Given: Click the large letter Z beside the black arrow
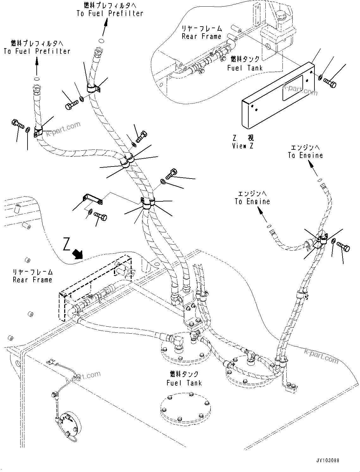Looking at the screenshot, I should pyautogui.click(x=66, y=244).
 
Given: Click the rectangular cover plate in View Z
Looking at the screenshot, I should pyautogui.click(x=278, y=95).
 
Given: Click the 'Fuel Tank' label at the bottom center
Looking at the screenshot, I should pyautogui.click(x=184, y=379).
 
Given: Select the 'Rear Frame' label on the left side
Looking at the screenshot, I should pyautogui.click(x=33, y=276).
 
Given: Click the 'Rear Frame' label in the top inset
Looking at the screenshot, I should pyautogui.click(x=202, y=33).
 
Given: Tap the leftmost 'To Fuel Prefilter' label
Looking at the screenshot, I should pyautogui.click(x=37, y=47).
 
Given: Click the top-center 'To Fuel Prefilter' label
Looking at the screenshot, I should pyautogui.click(x=110, y=9).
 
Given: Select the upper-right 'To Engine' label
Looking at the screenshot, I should pyautogui.click(x=305, y=152).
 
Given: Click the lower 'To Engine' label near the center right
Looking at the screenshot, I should pyautogui.click(x=252, y=198).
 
